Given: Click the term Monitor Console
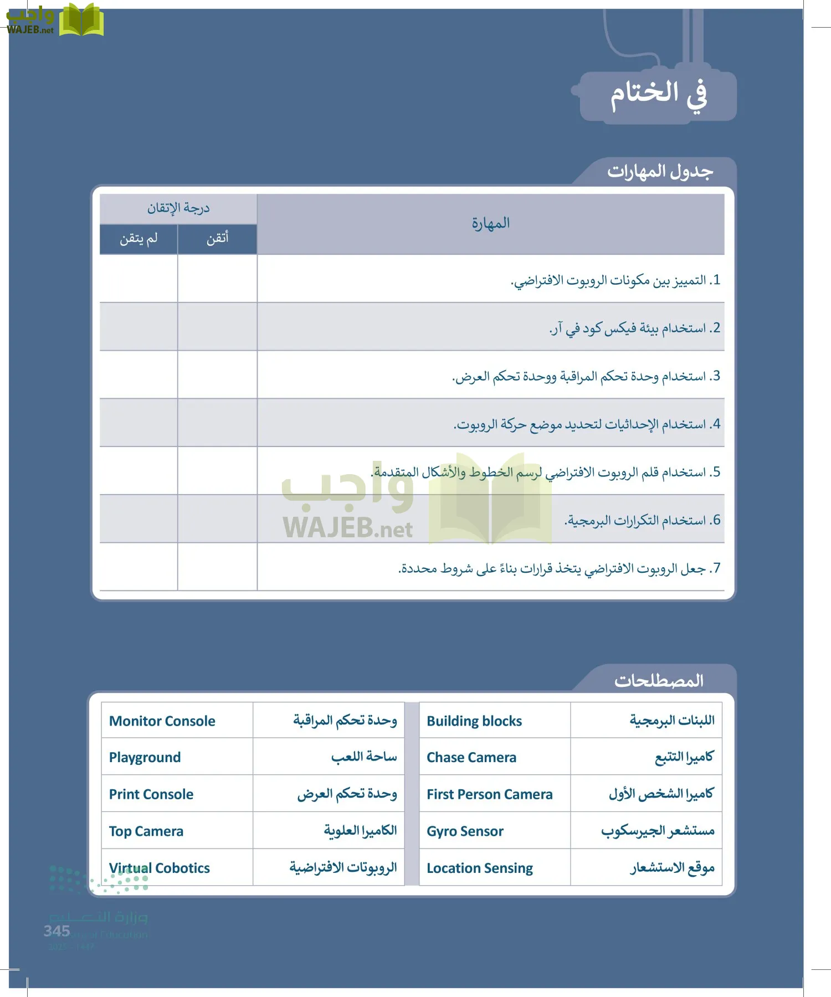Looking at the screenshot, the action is [x=162, y=721].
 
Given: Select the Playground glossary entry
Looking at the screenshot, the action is [x=145, y=757].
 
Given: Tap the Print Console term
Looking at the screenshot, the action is [x=151, y=794].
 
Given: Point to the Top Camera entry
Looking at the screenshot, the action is [x=146, y=831].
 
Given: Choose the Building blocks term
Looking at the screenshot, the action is [x=474, y=721].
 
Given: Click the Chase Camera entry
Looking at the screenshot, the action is [x=471, y=757].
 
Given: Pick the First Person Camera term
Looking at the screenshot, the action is [x=490, y=794].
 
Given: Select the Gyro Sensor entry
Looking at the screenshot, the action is [x=465, y=831].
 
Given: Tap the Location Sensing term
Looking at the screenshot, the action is [x=480, y=868].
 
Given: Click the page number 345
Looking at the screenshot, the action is [x=57, y=931].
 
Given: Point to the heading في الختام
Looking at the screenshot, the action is [x=659, y=95].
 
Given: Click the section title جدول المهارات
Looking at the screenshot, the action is [x=660, y=171].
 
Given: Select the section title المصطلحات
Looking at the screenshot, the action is [x=659, y=680].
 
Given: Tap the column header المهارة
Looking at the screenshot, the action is [x=491, y=223].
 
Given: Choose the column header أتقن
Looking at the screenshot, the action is [x=217, y=239].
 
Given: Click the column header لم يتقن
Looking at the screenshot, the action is [x=138, y=239].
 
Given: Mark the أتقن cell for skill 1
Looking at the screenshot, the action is [x=217, y=279].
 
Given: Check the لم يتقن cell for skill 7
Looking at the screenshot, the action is [x=138, y=567].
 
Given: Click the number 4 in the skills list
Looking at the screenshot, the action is [x=716, y=424].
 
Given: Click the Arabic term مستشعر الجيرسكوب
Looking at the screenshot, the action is [x=658, y=831].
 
